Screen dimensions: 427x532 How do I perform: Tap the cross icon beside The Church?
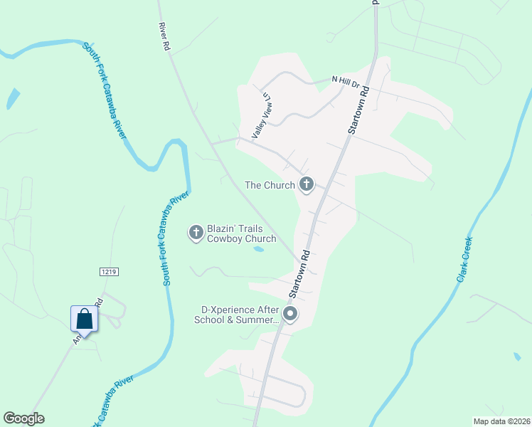click(307, 185)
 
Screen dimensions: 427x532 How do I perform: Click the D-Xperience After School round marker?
click(289, 314)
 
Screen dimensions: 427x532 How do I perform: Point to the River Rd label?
click(164, 36)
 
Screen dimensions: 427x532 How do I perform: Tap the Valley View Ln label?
click(261, 116)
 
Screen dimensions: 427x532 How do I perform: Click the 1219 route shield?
click(109, 272)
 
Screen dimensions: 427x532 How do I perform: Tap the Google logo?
click(23, 418)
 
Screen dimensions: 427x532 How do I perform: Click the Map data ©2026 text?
click(501, 421)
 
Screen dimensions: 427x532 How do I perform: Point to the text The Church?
click(270, 186)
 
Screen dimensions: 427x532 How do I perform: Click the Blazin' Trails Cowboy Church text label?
click(235, 234)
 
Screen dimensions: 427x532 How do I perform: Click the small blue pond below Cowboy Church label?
click(259, 249)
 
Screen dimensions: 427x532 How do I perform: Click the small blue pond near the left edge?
click(13, 99)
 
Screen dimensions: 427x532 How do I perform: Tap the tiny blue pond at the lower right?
click(516, 356)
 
